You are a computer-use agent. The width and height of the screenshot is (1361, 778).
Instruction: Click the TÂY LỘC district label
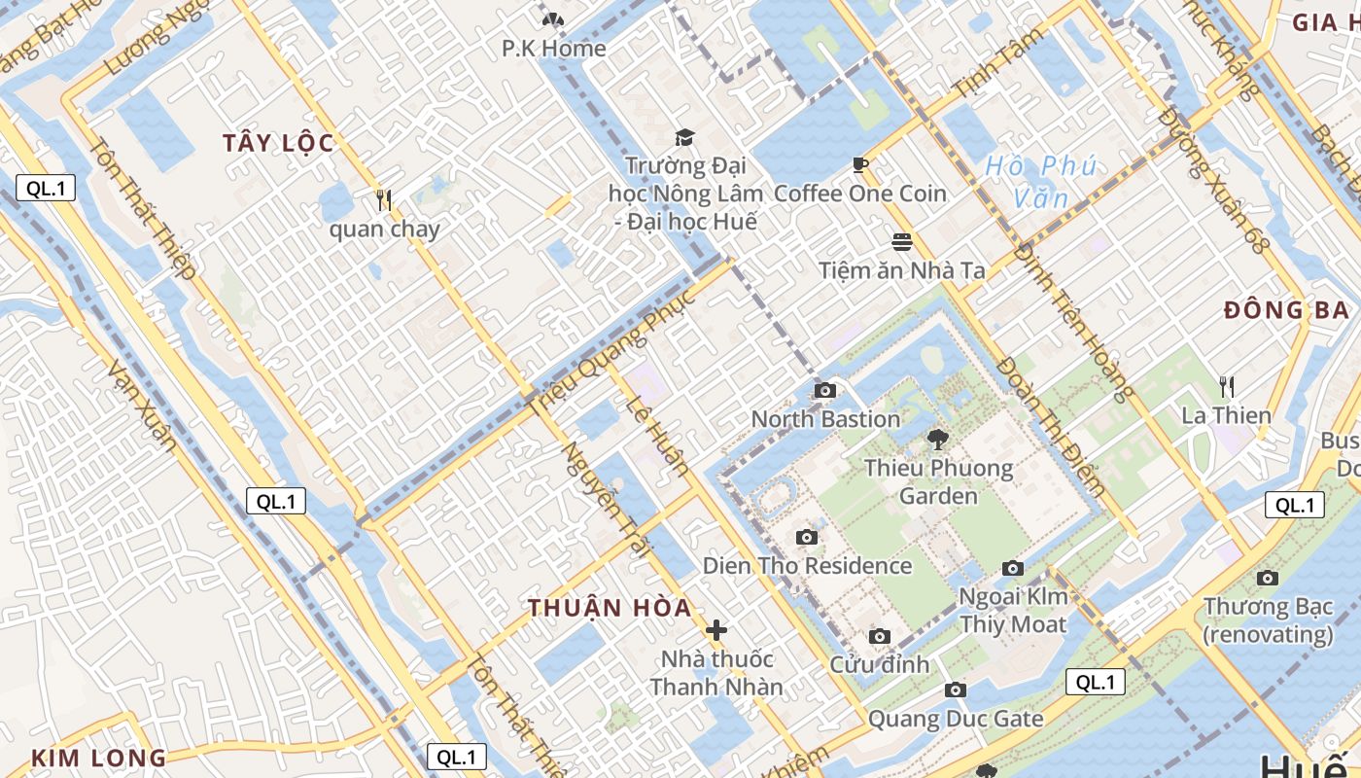(x=278, y=144)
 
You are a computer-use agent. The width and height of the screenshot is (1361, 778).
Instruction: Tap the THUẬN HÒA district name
(x=610, y=609)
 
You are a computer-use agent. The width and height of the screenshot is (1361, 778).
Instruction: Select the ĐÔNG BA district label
(x=1286, y=311)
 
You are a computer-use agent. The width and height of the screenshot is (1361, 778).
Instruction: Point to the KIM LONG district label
(x=98, y=759)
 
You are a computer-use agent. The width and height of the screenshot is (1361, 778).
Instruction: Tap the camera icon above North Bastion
(x=825, y=391)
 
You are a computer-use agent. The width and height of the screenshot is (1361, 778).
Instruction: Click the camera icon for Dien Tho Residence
(x=806, y=538)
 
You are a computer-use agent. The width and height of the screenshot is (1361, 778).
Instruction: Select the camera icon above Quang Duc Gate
(x=956, y=690)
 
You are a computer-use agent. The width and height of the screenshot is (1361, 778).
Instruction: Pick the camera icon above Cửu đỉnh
(x=880, y=637)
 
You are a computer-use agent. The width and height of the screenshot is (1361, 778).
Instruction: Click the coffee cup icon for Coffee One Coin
(x=860, y=165)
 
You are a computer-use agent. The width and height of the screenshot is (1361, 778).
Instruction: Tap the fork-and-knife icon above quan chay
(x=384, y=201)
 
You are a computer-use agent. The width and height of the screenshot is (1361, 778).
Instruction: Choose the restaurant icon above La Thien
(x=1227, y=387)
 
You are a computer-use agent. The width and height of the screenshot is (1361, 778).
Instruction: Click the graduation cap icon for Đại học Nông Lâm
(x=685, y=137)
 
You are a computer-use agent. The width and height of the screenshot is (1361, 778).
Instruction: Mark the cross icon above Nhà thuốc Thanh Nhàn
(x=716, y=630)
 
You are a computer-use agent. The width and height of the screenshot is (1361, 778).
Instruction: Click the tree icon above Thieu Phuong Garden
(x=938, y=440)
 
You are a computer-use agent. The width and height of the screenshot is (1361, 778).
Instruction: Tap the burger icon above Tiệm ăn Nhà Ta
(x=902, y=241)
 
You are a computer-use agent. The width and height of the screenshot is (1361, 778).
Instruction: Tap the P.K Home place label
(x=554, y=49)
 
